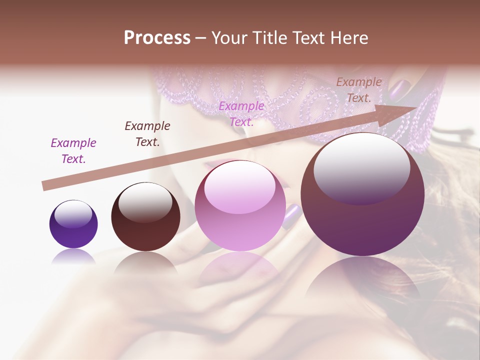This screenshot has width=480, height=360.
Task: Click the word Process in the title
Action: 157,38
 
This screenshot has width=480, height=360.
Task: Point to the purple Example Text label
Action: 73,151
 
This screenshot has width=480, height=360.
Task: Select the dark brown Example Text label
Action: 147,134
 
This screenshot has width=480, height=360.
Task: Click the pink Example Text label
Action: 241,114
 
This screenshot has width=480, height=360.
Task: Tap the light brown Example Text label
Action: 358,90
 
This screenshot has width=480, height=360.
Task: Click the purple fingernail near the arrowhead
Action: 399,90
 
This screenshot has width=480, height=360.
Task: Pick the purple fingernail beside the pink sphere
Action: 292,215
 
